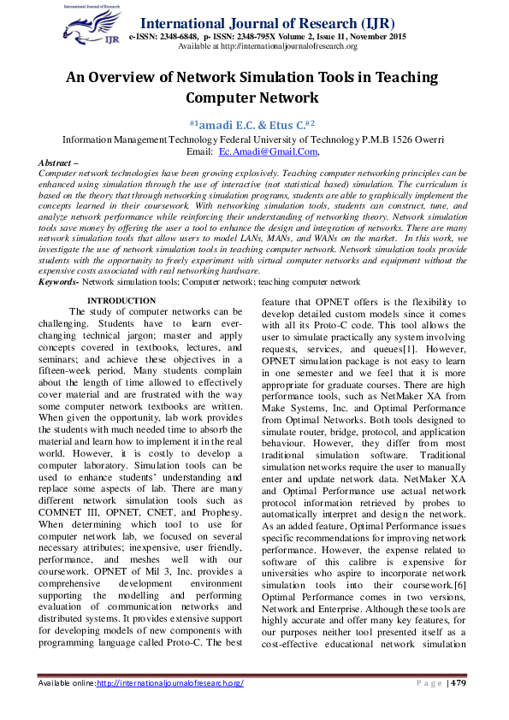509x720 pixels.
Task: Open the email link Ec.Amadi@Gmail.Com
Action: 268,150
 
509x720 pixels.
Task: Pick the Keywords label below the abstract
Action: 59,280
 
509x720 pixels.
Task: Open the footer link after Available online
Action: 170,683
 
